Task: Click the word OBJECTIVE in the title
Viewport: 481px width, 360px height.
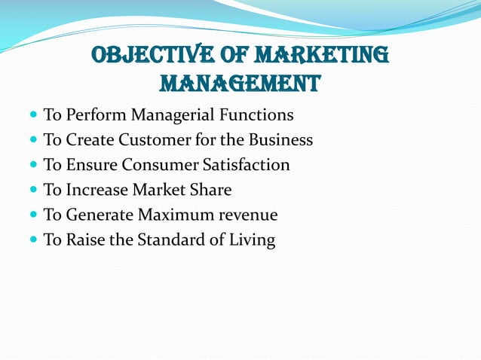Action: [146, 55]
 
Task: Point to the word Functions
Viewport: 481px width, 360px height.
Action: [257, 115]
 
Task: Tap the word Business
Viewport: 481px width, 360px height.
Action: [280, 140]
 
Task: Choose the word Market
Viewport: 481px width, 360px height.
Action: [165, 190]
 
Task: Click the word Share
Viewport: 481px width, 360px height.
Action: [213, 190]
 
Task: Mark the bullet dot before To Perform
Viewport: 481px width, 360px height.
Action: [33, 116]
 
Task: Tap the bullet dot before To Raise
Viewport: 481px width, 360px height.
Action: [33, 241]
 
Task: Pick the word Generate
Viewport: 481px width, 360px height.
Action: [100, 215]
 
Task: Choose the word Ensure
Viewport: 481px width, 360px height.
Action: [90, 165]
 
